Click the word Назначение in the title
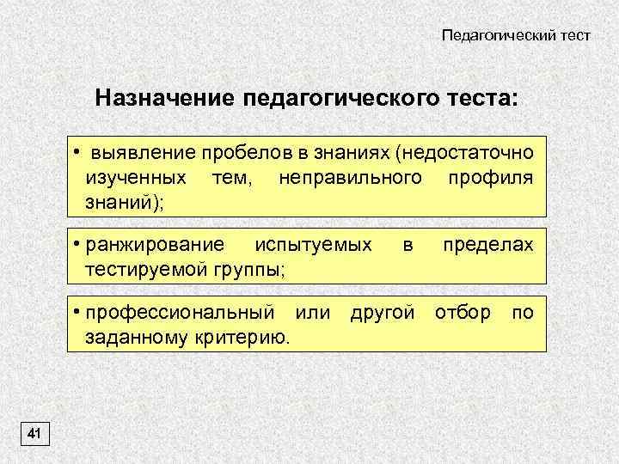coord(164,96)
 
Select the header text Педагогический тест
coord(516,36)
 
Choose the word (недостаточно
coord(463,154)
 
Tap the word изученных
coord(137,178)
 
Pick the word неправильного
coord(351,178)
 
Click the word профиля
coord(491,178)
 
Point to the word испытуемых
coord(315,245)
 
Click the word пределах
coord(488,245)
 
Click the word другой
coord(383,312)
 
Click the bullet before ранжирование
coord(77,244)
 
